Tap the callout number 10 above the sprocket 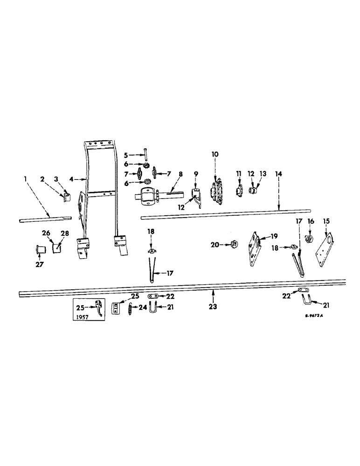[x=215, y=154]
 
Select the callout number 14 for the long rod [x=278, y=173]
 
